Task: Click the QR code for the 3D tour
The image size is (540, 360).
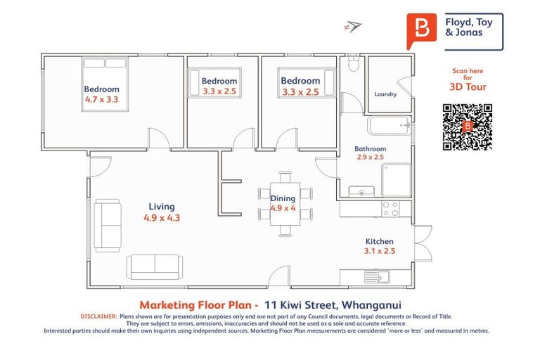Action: click(467, 127)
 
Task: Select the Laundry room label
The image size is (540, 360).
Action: click(385, 94)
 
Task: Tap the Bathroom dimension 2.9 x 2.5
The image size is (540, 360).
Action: click(370, 157)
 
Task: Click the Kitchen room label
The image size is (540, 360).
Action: click(379, 242)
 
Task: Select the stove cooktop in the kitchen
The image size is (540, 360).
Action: click(390, 209)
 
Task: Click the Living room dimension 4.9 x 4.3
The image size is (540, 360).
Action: click(162, 218)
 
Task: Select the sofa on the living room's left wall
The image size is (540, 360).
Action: click(109, 224)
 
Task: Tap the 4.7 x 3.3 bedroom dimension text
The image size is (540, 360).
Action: click(102, 100)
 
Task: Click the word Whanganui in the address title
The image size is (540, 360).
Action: click(370, 305)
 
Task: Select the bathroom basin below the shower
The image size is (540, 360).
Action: click(364, 191)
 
